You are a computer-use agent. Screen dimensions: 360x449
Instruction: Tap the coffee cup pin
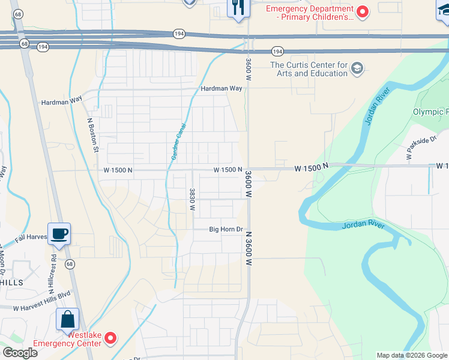59,233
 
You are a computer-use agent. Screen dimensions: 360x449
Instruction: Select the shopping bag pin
67,319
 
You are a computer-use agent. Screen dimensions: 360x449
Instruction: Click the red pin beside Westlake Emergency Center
110,339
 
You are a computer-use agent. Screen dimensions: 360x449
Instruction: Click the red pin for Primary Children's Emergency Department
363,11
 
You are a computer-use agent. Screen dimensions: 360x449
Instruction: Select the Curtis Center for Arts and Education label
309,69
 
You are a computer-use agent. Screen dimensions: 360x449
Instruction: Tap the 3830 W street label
192,199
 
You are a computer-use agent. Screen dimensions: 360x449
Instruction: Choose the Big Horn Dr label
225,229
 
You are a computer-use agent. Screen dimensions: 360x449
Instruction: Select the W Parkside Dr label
420,148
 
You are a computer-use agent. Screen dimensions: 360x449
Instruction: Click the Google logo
20,353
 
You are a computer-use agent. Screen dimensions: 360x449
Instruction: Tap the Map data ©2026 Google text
411,355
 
